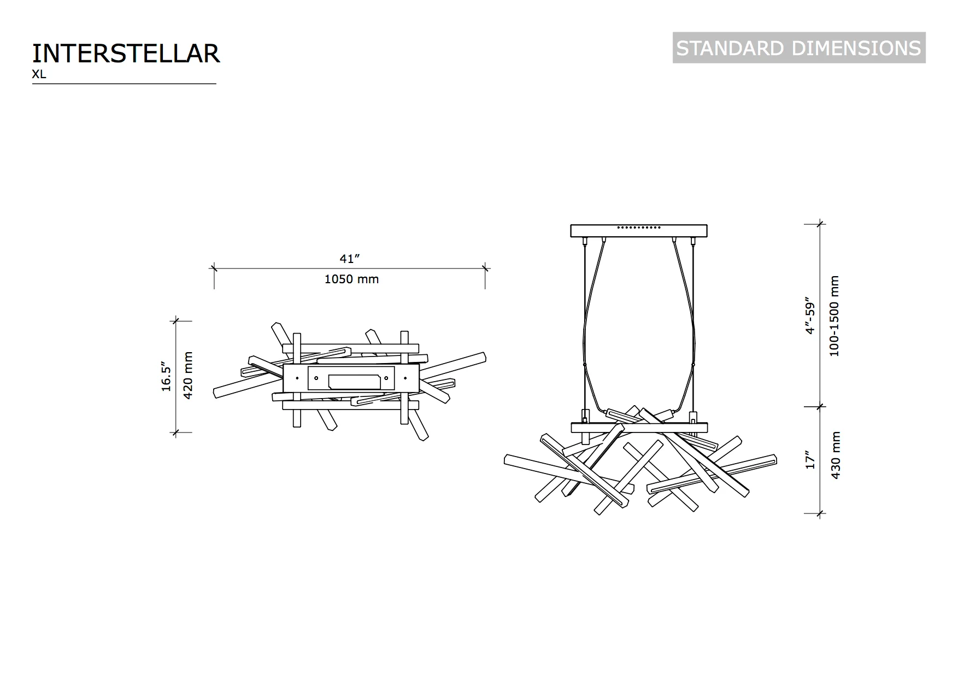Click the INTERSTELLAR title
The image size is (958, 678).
126,54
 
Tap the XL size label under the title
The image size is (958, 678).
39,75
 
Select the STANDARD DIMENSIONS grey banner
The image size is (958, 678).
799,48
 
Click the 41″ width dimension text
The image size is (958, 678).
350,259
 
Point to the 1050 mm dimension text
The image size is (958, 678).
351,279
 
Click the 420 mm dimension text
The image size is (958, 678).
188,376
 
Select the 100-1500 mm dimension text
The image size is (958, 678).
834,316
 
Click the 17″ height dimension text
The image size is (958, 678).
810,460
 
